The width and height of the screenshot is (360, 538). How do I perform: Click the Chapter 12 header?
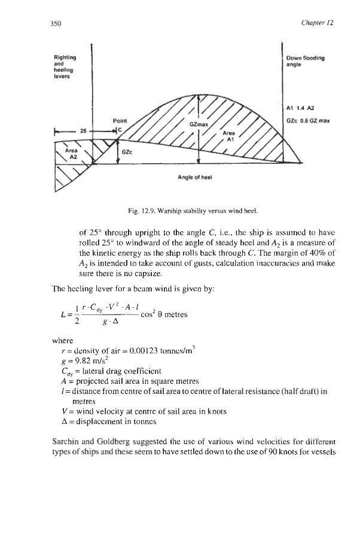(318, 23)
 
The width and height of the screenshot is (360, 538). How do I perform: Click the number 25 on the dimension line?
(84, 130)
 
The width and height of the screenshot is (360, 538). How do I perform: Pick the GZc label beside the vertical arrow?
(127, 152)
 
